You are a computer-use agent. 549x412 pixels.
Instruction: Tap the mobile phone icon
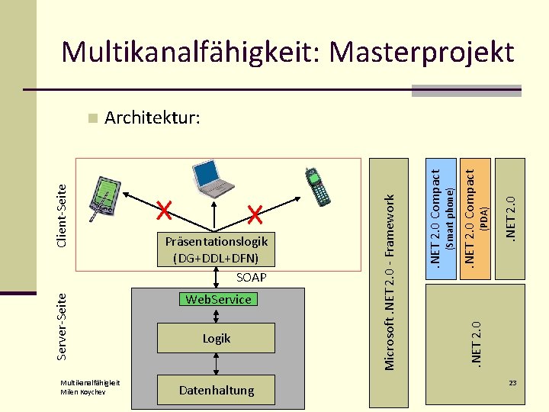pos(316,186)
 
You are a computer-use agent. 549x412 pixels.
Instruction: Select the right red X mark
pos(255,214)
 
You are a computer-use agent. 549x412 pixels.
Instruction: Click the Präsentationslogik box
pos(217,249)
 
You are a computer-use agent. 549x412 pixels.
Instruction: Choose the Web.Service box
pos(217,299)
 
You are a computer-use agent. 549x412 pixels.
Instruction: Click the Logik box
pos(217,338)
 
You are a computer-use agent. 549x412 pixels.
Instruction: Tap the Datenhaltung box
pos(217,390)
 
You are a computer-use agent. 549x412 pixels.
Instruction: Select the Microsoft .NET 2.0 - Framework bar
pos(390,282)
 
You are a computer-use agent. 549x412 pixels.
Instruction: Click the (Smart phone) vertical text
pos(450,219)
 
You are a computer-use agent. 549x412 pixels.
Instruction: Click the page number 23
pos(513,382)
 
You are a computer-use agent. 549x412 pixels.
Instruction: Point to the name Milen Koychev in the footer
pos(82,392)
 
